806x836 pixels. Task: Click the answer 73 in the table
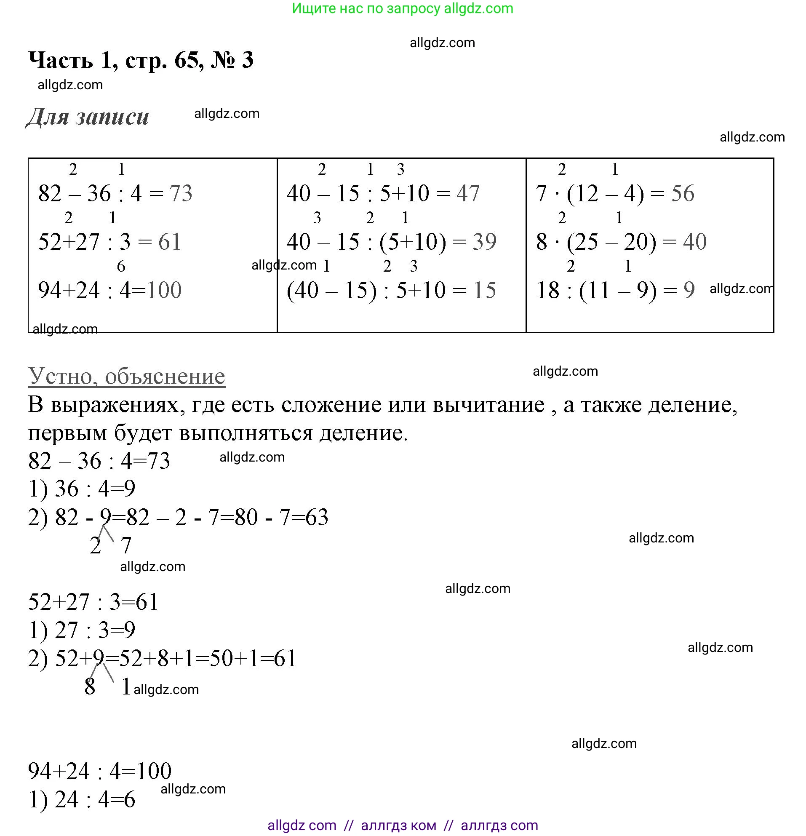[x=181, y=193]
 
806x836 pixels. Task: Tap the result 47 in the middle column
[x=468, y=193]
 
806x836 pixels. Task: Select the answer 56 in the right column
[x=682, y=193]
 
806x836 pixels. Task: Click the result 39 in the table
[x=484, y=242]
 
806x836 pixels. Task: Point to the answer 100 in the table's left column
[x=164, y=291]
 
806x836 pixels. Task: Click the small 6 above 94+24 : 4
[x=121, y=267]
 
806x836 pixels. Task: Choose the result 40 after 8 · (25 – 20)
[x=695, y=242]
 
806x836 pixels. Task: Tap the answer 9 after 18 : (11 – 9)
[x=689, y=291]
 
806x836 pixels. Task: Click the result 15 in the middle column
[x=484, y=291]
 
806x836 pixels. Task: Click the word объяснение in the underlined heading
[x=165, y=377]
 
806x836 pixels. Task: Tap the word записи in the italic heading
[x=112, y=116]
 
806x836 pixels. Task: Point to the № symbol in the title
[x=223, y=60]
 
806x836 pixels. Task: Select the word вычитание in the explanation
[x=489, y=405]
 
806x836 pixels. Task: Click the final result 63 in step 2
[x=316, y=517]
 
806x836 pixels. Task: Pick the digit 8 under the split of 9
[x=90, y=687]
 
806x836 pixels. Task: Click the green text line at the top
[x=403, y=8]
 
